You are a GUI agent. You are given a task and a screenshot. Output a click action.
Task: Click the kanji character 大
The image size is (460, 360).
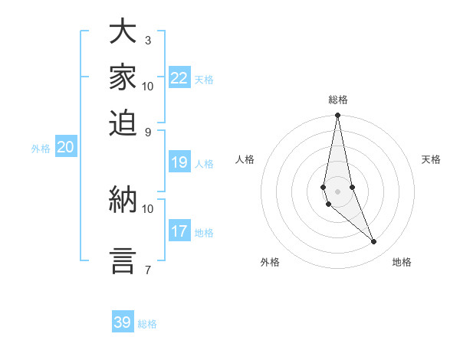123,31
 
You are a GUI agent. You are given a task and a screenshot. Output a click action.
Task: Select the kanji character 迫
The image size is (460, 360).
123,123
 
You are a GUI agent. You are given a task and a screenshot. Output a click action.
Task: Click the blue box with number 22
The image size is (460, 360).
179,78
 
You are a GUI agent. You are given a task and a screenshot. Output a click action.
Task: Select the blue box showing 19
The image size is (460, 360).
179,162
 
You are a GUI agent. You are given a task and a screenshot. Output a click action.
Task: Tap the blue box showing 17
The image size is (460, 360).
179,231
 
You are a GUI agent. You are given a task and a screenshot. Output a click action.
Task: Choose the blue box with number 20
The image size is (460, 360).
65,148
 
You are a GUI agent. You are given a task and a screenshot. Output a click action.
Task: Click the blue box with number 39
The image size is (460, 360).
123,322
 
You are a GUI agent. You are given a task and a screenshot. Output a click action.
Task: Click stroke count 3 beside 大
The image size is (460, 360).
148,39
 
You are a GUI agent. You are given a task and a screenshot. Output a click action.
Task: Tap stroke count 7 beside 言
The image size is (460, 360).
148,269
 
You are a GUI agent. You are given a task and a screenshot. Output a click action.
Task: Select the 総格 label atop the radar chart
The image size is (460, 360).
337,100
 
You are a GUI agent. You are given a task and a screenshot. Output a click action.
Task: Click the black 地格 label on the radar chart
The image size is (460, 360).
402,262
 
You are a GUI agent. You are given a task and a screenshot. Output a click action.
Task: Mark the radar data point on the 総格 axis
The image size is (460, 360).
337,116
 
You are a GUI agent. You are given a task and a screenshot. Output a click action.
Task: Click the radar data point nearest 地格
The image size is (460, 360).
374,241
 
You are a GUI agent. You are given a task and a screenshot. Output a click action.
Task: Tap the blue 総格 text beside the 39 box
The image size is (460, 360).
147,324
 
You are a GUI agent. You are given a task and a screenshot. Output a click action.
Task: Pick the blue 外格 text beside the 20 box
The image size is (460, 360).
41,149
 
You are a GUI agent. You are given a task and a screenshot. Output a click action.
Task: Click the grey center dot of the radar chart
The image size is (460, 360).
337,191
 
